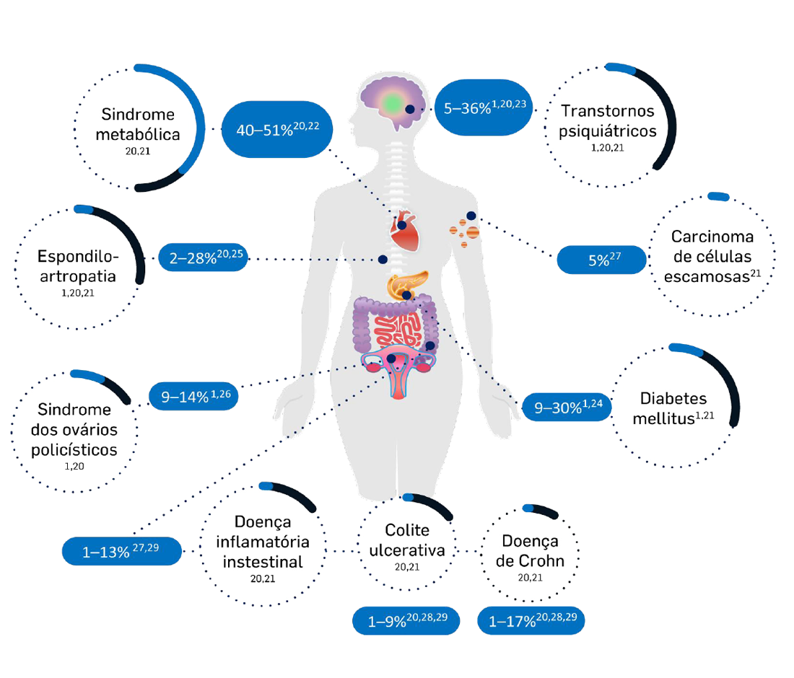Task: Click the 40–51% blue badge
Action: point(277,130)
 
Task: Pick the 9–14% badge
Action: point(193,396)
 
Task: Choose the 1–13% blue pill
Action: point(121,552)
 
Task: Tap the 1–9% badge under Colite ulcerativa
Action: point(406,620)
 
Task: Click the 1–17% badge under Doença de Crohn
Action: point(531,620)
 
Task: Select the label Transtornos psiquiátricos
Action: point(608,120)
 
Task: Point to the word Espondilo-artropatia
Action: point(77,267)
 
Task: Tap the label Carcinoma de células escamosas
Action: point(712,257)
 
